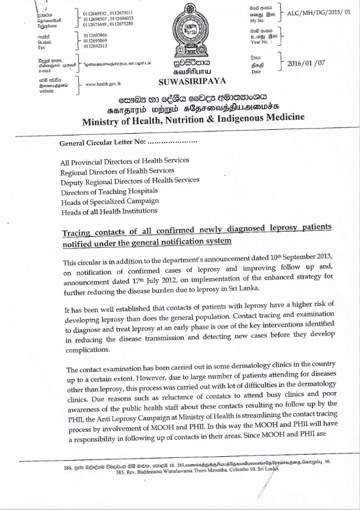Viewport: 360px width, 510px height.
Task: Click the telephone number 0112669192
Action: tap(94, 12)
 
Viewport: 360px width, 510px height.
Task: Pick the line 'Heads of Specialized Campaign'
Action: tap(109, 201)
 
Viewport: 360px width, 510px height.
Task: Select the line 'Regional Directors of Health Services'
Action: tap(117, 170)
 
